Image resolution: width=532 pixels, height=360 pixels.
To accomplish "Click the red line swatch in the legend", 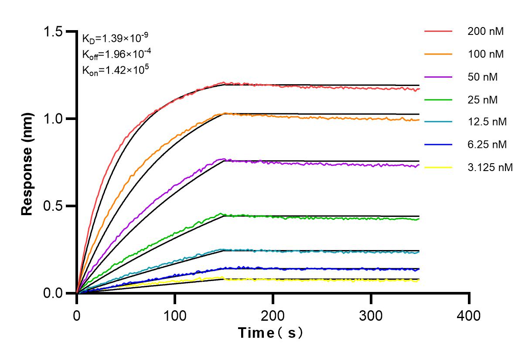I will pos(438,31).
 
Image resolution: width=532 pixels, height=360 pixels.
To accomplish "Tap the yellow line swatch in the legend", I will pos(438,167).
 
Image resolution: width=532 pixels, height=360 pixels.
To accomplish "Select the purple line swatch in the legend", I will pos(438,77).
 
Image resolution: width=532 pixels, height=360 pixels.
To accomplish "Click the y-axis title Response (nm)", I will pos(27,164).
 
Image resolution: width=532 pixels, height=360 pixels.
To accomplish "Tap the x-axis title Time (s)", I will pos(270,333).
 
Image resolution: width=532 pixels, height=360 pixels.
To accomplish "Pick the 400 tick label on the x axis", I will pos(469,315).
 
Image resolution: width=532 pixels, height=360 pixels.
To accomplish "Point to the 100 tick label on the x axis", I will pos(175,315).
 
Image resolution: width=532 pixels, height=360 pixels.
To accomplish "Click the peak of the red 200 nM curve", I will pos(224,82).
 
